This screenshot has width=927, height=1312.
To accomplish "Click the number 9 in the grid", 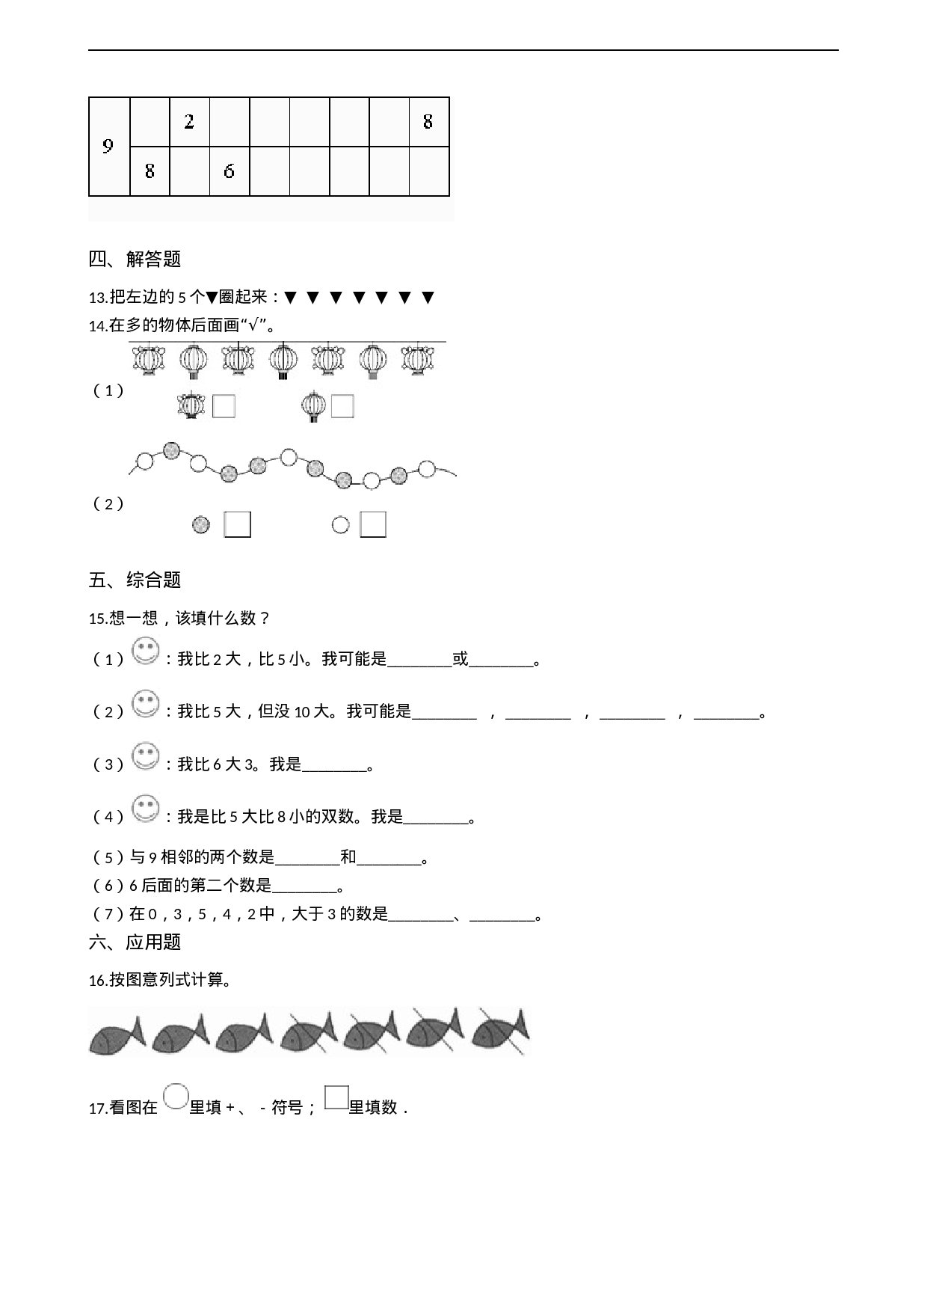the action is [x=108, y=147].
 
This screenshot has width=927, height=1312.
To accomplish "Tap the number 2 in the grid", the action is [x=189, y=121].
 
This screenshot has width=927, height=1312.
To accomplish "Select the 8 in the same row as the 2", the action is [x=428, y=121].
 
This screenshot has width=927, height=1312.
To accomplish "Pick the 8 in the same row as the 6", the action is [x=150, y=171].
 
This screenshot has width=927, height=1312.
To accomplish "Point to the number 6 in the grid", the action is [x=229, y=171].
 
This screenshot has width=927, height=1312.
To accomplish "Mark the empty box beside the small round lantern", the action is [x=342, y=406].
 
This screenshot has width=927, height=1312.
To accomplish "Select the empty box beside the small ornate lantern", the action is [x=224, y=406].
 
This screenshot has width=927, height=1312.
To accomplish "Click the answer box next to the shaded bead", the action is [x=237, y=524].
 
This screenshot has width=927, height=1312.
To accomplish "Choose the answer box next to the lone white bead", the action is [x=373, y=524].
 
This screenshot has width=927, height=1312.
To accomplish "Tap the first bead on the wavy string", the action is [x=145, y=462].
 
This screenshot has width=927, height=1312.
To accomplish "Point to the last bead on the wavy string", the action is [x=427, y=469].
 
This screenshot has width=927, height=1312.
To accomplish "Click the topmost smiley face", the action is [x=145, y=651].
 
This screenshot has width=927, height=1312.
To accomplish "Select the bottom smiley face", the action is [x=145, y=809].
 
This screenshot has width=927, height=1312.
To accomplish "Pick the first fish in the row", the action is [x=116, y=1035].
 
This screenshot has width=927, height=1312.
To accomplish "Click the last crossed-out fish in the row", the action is [x=500, y=1032].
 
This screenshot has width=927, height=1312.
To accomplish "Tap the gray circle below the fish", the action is [x=176, y=1097].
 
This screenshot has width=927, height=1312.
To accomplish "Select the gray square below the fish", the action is [x=337, y=1097].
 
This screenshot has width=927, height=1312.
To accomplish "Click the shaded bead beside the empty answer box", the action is [x=200, y=525].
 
